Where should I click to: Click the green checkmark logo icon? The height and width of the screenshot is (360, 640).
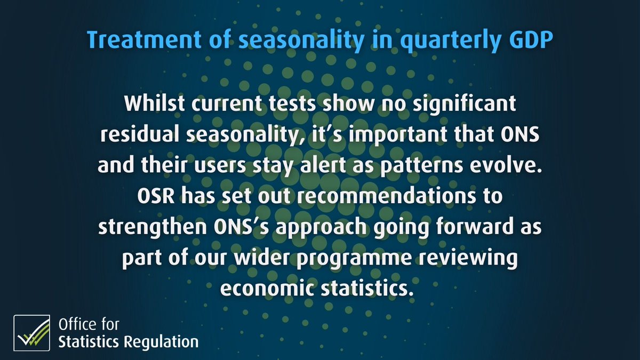tap(31, 333)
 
